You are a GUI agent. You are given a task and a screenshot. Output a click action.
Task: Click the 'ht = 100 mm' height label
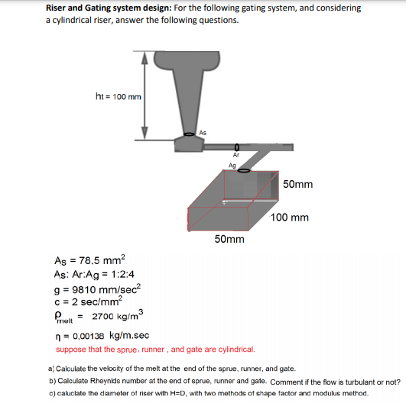click(117, 96)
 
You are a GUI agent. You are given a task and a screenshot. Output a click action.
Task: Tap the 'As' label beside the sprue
click(203, 133)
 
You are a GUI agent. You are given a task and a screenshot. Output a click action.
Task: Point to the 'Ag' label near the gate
click(232, 165)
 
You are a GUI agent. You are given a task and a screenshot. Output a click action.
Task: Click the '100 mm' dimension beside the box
click(290, 218)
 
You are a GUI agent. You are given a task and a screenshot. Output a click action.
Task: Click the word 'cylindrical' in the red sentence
click(233, 350)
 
